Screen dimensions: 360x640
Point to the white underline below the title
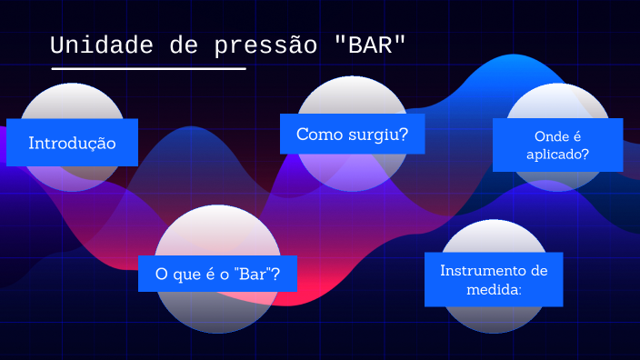(x=148, y=68)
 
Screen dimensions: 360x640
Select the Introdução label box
(x=72, y=143)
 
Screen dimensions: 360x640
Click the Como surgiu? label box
(x=352, y=134)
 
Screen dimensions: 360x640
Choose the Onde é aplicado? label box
(x=557, y=145)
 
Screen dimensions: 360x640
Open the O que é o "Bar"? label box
(x=217, y=273)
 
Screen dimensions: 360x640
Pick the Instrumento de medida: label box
(x=494, y=279)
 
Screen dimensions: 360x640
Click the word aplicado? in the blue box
(x=557, y=155)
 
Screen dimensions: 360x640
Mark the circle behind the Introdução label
(x=72, y=100)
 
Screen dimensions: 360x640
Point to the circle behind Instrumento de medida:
(x=494, y=318)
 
